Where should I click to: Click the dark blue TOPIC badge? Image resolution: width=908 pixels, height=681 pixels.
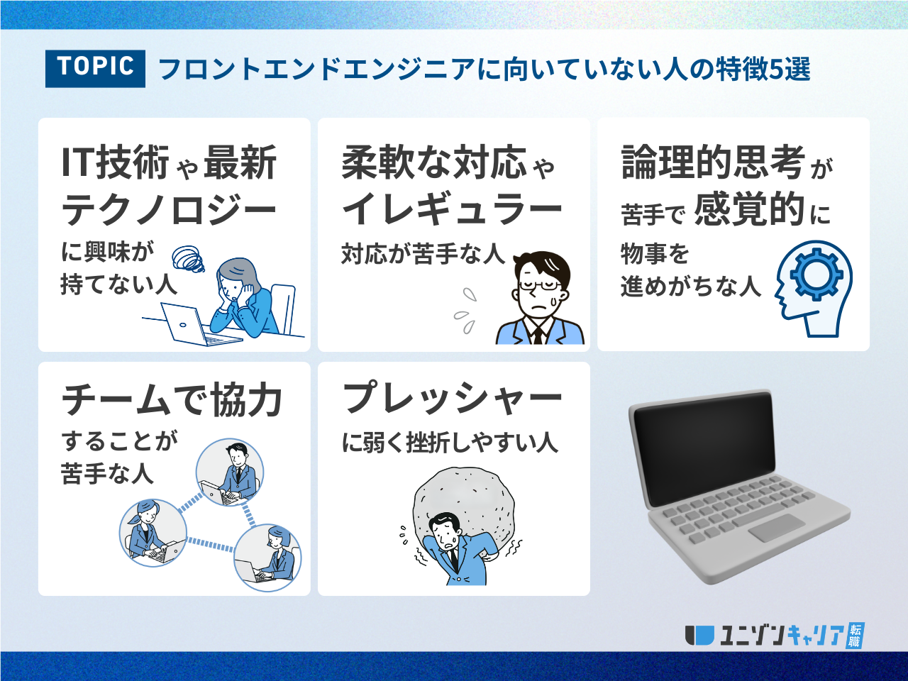pos(95,69)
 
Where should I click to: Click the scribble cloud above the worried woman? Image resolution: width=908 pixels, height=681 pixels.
pos(189,259)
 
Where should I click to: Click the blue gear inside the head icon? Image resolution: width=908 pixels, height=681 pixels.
pos(816,275)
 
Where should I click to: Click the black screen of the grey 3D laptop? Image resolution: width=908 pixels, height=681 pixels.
pos(704,448)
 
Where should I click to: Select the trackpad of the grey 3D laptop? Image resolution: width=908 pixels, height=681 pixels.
pos(777,528)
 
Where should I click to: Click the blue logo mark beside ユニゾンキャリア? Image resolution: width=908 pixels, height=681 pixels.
pos(699,635)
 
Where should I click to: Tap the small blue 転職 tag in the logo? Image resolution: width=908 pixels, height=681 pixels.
pos(855,635)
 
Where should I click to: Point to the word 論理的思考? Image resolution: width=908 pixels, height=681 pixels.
pos(713,162)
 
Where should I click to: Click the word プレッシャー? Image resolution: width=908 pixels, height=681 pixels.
pos(452,397)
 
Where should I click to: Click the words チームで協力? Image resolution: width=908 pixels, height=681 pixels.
pos(172,400)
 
